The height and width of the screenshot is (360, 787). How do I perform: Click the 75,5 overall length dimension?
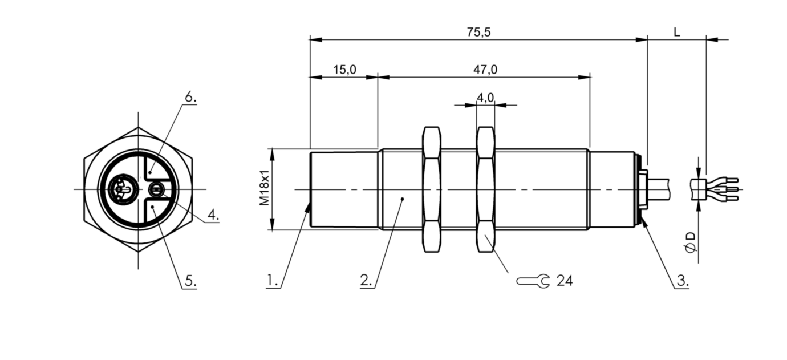(x=478, y=33)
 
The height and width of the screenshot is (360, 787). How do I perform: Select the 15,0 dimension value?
(x=344, y=70)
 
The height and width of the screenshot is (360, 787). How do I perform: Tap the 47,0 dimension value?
(x=485, y=70)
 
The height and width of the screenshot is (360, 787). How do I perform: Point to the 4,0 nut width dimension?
(x=485, y=98)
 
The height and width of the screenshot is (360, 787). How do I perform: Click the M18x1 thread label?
(x=263, y=189)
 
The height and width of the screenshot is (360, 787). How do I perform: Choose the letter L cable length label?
(x=676, y=33)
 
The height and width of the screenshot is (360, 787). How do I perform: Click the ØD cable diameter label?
(x=691, y=242)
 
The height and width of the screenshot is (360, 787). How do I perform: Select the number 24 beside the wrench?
(x=565, y=281)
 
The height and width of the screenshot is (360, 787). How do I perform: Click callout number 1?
(x=273, y=281)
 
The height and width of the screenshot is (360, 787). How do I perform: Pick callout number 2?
(x=367, y=281)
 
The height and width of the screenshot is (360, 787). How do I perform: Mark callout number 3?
(x=682, y=281)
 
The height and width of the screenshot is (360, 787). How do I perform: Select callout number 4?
(x=213, y=215)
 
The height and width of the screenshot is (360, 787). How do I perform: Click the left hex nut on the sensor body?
(x=431, y=189)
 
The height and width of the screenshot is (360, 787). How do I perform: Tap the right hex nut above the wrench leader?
(x=485, y=189)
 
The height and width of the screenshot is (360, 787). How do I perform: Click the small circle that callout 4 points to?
(x=155, y=189)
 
